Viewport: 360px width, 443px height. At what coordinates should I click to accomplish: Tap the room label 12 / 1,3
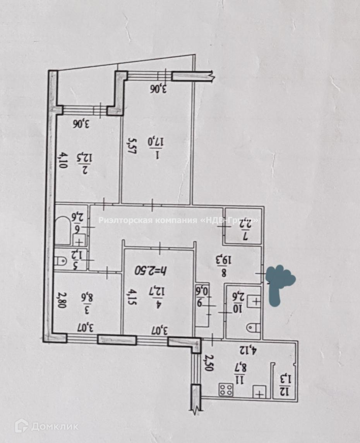point(285,384)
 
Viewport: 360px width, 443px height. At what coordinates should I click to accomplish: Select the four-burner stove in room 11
point(226,389)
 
